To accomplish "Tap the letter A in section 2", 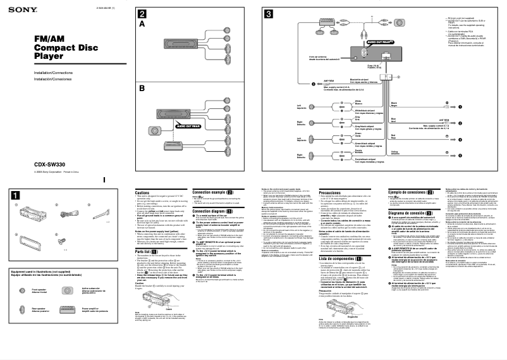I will click(x=142, y=24).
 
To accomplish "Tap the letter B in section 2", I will click(x=142, y=89).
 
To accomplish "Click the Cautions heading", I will click(x=142, y=192).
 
